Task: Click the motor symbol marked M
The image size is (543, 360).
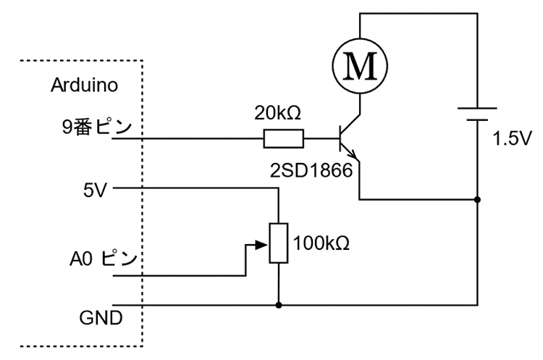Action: pos(360,66)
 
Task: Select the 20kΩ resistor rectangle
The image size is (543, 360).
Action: pos(283,138)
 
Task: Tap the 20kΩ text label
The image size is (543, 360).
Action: pos(277,113)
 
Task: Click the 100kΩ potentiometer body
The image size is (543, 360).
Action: pos(279,243)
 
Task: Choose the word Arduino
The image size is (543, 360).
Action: pos(84,85)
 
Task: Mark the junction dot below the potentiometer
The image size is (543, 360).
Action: pos(279,305)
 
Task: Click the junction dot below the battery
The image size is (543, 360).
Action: pos(477,198)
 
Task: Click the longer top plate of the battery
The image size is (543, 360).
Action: pos(477,107)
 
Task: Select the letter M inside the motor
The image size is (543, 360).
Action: pos(360,67)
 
